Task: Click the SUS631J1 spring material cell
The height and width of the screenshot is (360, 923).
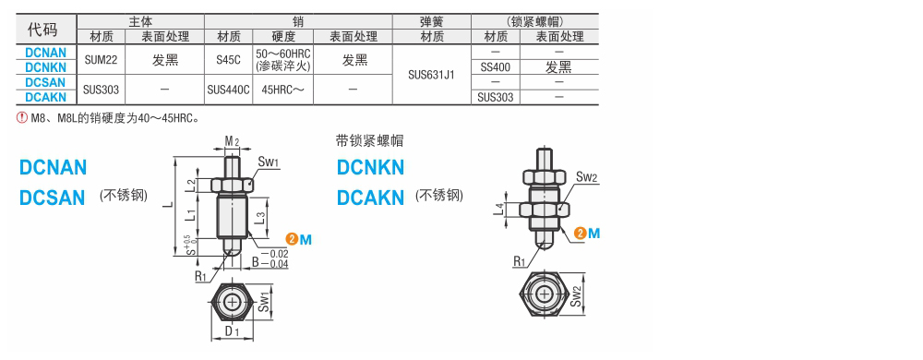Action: pos(431,75)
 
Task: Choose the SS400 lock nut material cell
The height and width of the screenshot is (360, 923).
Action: pos(496,67)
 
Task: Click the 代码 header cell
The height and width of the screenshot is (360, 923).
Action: pos(44,29)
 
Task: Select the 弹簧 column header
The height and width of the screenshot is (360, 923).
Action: pos(431,20)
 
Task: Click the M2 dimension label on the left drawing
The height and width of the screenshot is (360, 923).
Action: pos(233,141)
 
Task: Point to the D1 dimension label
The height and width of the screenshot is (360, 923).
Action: pos(233,330)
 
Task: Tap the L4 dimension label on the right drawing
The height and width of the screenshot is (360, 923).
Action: pos(499,210)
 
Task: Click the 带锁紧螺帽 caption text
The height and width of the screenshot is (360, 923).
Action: pos(369,141)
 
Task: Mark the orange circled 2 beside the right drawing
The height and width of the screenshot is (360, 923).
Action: pos(579,232)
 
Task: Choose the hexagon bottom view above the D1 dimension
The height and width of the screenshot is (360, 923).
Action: pos(232,300)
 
